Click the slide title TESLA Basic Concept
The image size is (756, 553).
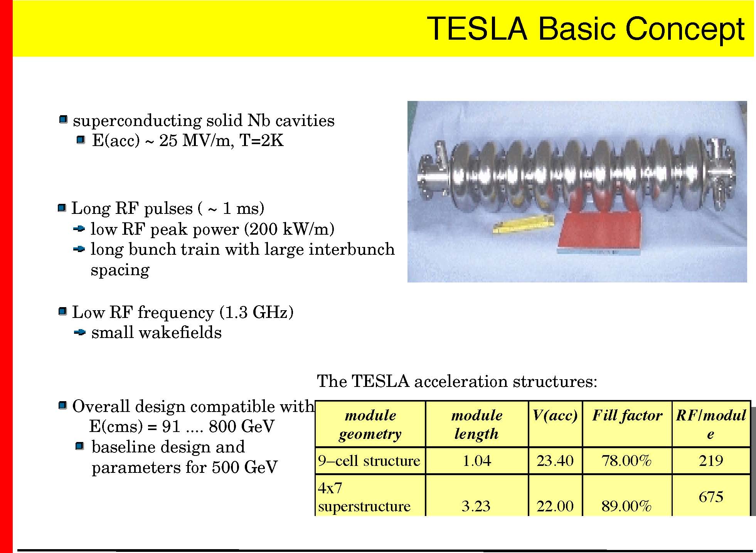click(x=586, y=29)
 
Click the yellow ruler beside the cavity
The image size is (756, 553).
click(x=523, y=225)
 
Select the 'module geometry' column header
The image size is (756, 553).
click(x=370, y=424)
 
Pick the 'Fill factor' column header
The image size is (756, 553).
click(x=627, y=415)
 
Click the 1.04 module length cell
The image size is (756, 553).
click(x=476, y=461)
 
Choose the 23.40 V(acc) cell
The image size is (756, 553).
click(x=555, y=461)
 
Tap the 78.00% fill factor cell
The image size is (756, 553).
click(x=626, y=461)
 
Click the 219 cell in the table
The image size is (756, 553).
click(x=711, y=461)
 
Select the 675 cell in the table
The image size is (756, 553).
click(x=711, y=497)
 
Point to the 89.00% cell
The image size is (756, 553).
click(x=626, y=506)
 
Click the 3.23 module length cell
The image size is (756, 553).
click(x=476, y=506)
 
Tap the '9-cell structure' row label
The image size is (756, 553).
click(x=369, y=461)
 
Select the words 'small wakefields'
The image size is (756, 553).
click(x=157, y=333)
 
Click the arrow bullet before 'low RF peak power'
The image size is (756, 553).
click(x=79, y=229)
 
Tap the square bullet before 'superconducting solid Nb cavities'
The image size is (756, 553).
click(x=64, y=119)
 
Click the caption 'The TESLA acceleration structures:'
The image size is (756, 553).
click(x=457, y=382)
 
